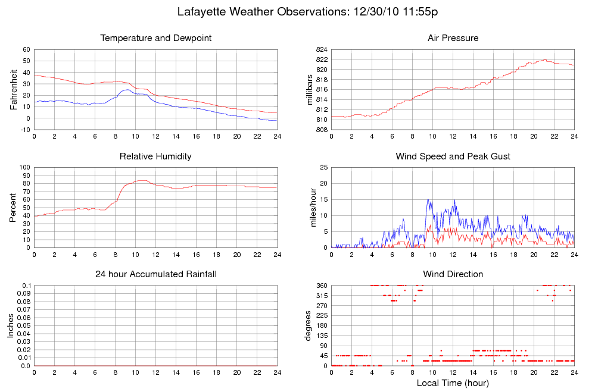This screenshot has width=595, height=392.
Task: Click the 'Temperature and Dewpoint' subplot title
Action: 156,39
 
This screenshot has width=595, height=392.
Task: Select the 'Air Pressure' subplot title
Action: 453,39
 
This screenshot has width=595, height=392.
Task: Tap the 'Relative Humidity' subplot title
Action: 155,156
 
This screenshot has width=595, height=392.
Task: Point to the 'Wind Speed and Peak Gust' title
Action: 453,156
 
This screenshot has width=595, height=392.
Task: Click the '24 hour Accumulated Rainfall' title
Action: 156,274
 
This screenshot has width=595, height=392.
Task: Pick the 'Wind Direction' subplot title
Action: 453,274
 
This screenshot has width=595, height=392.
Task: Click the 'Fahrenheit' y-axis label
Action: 13,90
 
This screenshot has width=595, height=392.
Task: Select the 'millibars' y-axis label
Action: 309,90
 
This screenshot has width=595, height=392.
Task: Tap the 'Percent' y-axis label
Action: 13,208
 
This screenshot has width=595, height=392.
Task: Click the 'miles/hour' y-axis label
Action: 309,208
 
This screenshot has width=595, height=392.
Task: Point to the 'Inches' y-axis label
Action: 11,325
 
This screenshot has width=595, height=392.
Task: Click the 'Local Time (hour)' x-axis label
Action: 453,382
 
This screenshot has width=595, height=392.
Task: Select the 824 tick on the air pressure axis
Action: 322,50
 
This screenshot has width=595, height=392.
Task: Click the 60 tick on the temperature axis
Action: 27,50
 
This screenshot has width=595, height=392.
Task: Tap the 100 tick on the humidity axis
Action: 25,168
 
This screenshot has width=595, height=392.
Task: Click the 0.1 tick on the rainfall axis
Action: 26,286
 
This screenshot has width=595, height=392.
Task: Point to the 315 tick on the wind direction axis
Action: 322,296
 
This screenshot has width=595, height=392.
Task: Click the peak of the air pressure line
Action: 544,59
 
